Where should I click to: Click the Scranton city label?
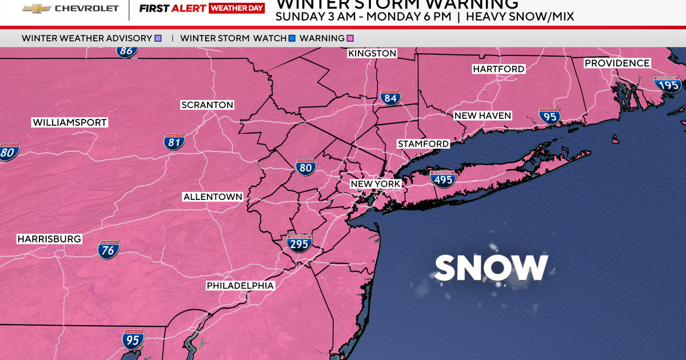click(x=207, y=105)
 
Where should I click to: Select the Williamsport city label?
click(x=70, y=122)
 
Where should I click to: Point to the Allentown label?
click(x=213, y=197)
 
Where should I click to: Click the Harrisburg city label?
click(x=49, y=238)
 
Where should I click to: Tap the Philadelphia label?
click(x=240, y=285)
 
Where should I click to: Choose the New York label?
click(x=376, y=183)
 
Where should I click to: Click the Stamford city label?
click(x=424, y=143)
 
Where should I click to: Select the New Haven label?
click(x=482, y=115)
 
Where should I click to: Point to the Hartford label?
click(x=498, y=69)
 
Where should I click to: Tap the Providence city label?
click(x=617, y=63)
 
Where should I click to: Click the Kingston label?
click(x=372, y=53)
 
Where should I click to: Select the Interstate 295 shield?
click(x=299, y=243)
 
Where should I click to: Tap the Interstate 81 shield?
click(x=174, y=142)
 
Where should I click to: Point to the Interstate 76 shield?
click(x=109, y=248)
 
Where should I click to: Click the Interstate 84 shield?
click(x=390, y=98)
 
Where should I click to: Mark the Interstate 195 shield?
click(x=668, y=84)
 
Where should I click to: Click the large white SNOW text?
click(x=492, y=267)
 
